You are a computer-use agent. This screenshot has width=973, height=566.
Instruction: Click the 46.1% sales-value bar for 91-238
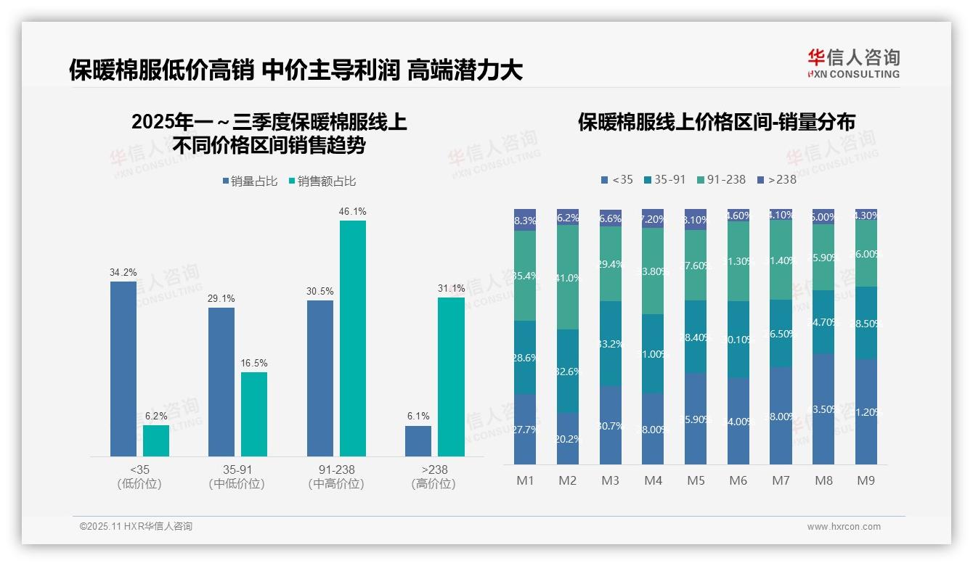click(353, 338)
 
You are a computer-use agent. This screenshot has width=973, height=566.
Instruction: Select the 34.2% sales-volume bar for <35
click(123, 369)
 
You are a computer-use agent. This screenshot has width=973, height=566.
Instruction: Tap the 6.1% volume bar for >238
click(418, 441)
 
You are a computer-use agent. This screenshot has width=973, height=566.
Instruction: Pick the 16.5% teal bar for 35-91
click(254, 414)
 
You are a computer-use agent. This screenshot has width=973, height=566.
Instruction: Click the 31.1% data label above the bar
click(451, 288)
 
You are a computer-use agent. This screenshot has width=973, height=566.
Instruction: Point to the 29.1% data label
click(221, 298)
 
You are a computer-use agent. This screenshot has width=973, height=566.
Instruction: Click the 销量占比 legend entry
click(250, 181)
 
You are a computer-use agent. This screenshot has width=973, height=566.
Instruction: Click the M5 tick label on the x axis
click(696, 480)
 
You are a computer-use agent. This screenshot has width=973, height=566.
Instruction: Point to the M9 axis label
click(866, 480)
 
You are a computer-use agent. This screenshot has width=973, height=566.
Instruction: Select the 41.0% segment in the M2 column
click(568, 277)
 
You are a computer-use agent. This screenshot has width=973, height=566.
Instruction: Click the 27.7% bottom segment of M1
click(525, 430)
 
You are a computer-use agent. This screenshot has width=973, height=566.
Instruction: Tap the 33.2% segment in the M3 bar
click(611, 343)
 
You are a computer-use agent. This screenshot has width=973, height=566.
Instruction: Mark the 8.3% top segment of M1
click(525, 221)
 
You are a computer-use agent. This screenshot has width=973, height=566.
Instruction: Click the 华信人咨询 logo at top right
click(853, 63)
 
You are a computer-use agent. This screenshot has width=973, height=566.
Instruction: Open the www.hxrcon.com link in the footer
click(844, 527)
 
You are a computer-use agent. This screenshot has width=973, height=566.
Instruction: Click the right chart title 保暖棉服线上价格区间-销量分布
click(716, 122)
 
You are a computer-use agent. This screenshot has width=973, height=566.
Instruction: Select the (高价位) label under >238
click(433, 484)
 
